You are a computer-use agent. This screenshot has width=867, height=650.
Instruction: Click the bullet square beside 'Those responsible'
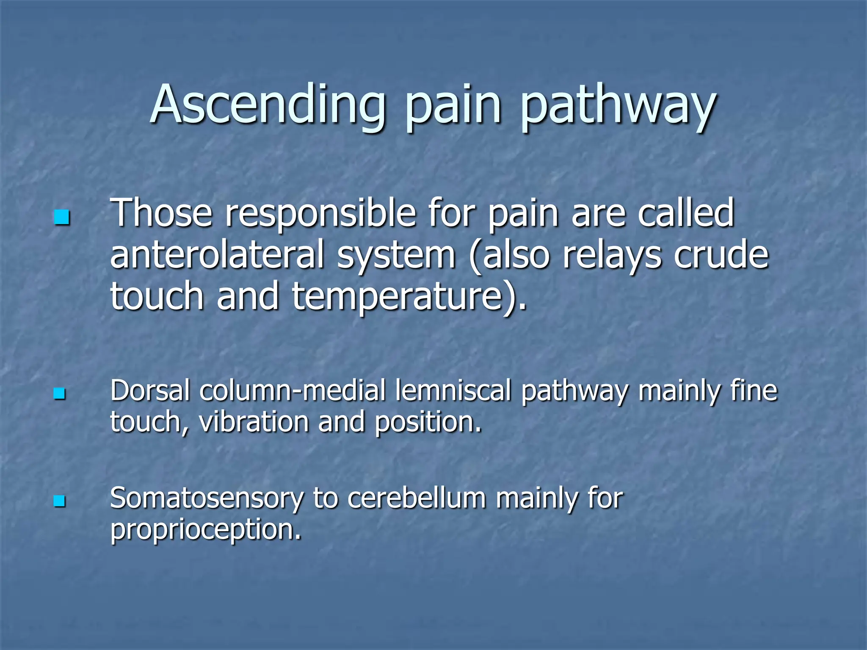(61, 218)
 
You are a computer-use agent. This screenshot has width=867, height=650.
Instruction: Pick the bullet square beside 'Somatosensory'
(60, 501)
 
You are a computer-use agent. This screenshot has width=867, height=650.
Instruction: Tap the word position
(428, 422)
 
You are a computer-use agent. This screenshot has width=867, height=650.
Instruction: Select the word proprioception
(205, 531)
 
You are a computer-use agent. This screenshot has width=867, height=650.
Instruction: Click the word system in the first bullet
(396, 256)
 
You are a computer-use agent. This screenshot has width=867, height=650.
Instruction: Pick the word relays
(612, 256)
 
